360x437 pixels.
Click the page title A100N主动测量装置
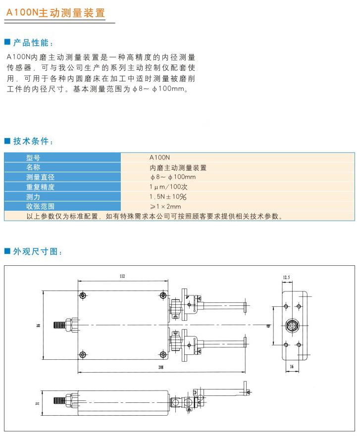55,12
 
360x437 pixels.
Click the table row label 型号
33,157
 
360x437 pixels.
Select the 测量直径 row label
40,177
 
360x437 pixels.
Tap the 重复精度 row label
40,187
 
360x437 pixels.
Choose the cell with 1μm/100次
168,187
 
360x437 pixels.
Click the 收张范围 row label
40,206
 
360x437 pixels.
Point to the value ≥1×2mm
165,206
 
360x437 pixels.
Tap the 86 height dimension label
38,326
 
